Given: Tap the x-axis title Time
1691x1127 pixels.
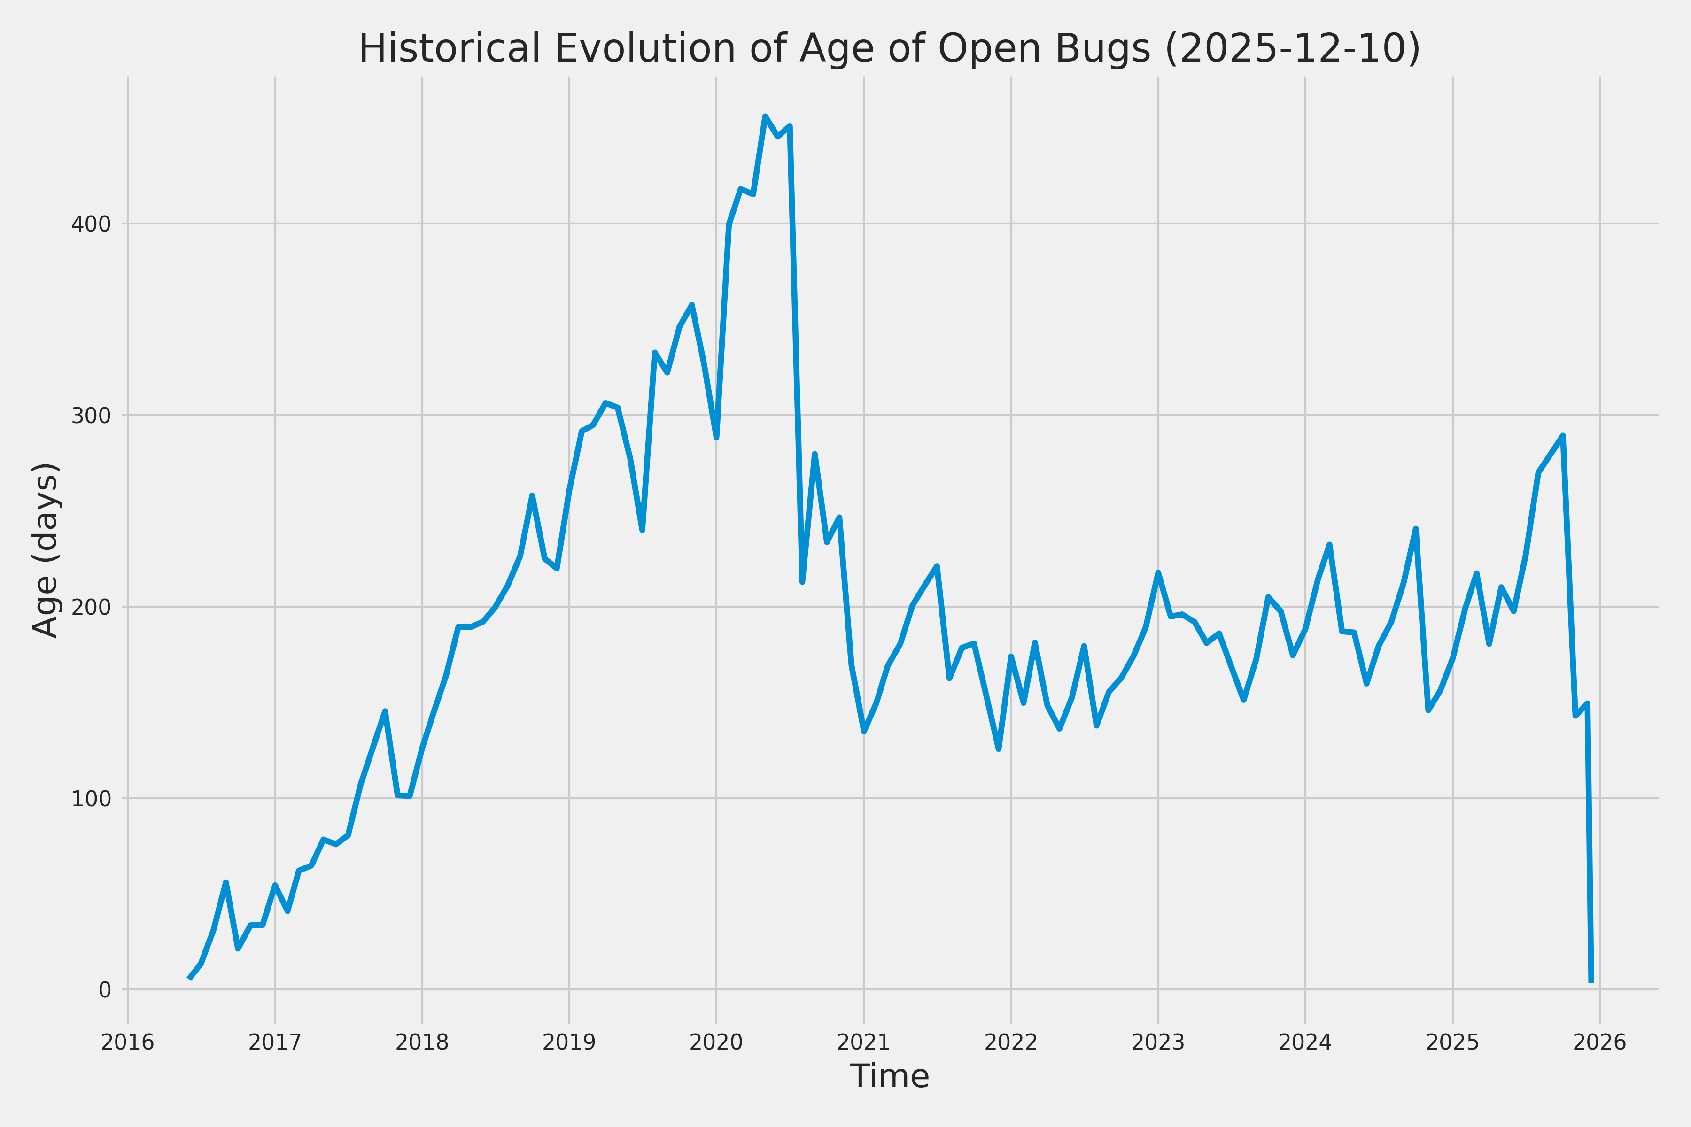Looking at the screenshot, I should tap(889, 1076).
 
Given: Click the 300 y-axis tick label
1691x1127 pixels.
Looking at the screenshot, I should tap(91, 416).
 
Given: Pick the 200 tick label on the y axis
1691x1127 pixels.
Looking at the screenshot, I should tap(91, 607).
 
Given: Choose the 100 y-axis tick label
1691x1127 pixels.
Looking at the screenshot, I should tap(91, 799).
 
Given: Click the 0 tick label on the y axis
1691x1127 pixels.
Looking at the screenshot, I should tap(105, 990).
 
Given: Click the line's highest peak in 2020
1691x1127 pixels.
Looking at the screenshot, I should tap(765, 116).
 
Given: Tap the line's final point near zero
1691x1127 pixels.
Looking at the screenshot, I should tap(1591, 981).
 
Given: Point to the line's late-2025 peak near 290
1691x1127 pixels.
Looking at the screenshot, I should tap(1563, 436).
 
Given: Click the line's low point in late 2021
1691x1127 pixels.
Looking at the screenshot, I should tap(999, 749).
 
